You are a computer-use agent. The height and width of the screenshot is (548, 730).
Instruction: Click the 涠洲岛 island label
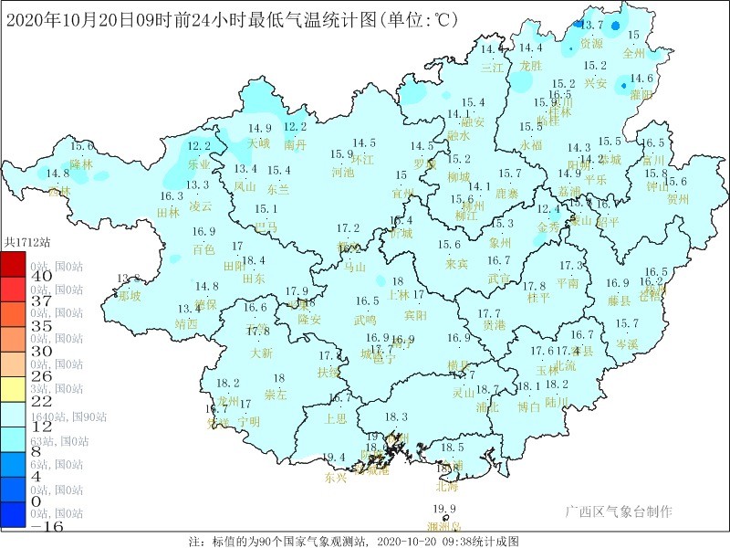[x=444, y=526]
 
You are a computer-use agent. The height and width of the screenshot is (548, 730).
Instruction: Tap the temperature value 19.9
[x=444, y=510]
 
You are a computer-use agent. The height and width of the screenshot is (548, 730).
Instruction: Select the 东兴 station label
[x=336, y=477]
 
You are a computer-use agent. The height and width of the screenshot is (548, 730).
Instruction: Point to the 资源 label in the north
[x=591, y=43]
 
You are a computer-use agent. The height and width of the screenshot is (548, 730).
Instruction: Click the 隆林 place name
[x=81, y=164]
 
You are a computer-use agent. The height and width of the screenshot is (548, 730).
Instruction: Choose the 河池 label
[x=342, y=172]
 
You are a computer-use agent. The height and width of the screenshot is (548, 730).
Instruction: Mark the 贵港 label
[x=494, y=324]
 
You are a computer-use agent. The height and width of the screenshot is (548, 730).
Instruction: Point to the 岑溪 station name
[x=627, y=343]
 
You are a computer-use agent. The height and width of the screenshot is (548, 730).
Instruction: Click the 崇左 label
[x=276, y=395]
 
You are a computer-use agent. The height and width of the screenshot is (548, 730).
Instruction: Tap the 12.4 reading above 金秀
[x=548, y=209]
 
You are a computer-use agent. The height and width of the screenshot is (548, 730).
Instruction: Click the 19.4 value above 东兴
[x=335, y=458]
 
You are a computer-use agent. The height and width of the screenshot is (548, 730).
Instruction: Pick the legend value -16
[x=16, y=528]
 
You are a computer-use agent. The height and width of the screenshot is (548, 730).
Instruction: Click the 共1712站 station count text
[x=25, y=242]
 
